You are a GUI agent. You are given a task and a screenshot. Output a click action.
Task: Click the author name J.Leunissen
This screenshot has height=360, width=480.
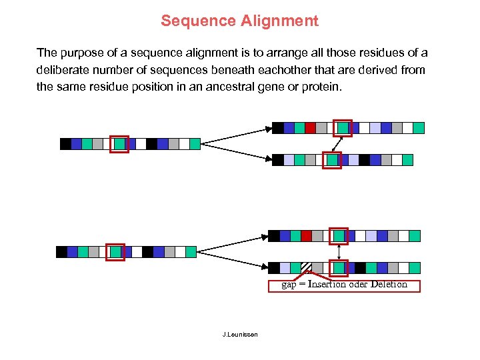pos(240,334)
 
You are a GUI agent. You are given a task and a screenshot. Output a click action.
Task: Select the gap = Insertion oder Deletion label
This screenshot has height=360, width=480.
pos(344,285)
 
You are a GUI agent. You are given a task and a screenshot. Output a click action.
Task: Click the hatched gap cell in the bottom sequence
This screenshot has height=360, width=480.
pos(306,268)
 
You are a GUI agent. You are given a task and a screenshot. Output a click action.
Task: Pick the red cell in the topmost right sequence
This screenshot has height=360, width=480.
pos(310,128)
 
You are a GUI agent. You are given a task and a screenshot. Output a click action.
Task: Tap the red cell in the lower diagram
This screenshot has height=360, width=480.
pos(306,235)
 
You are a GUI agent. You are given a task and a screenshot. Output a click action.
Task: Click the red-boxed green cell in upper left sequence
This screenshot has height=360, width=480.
pos(119,144)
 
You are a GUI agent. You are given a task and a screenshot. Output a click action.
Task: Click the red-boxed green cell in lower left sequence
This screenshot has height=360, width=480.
pos(115,252)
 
